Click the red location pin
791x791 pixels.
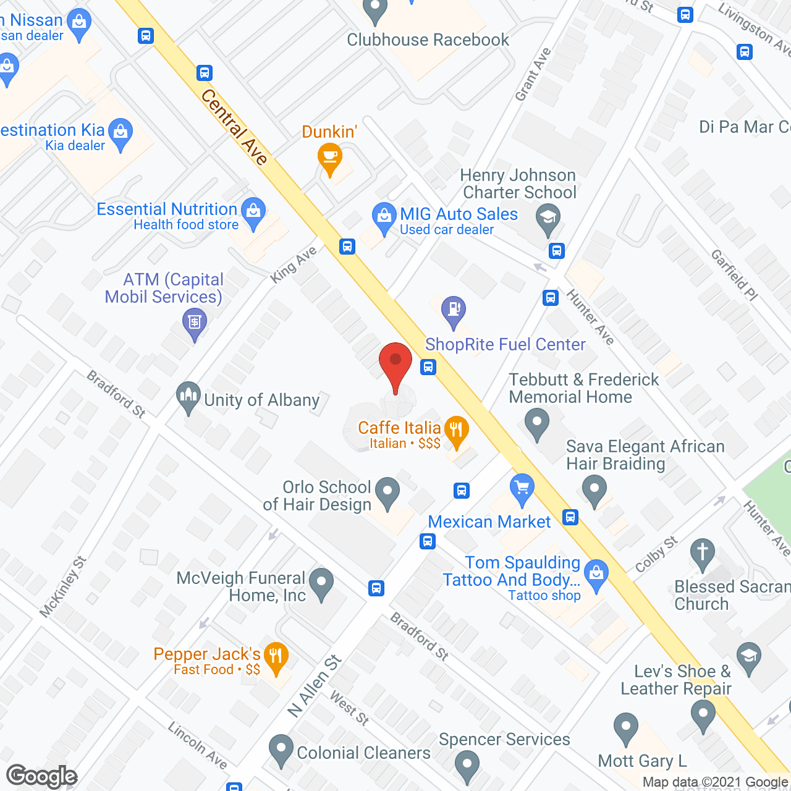[x=395, y=365]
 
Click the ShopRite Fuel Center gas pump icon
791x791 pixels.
[x=454, y=310]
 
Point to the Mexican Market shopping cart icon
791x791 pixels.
[x=522, y=489]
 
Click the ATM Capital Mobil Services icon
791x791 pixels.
[x=195, y=323]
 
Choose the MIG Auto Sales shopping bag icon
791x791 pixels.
[x=384, y=218]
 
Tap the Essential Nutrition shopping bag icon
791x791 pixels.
[x=253, y=212]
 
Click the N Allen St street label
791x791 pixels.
[x=315, y=686]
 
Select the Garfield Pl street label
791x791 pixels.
[x=734, y=275]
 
